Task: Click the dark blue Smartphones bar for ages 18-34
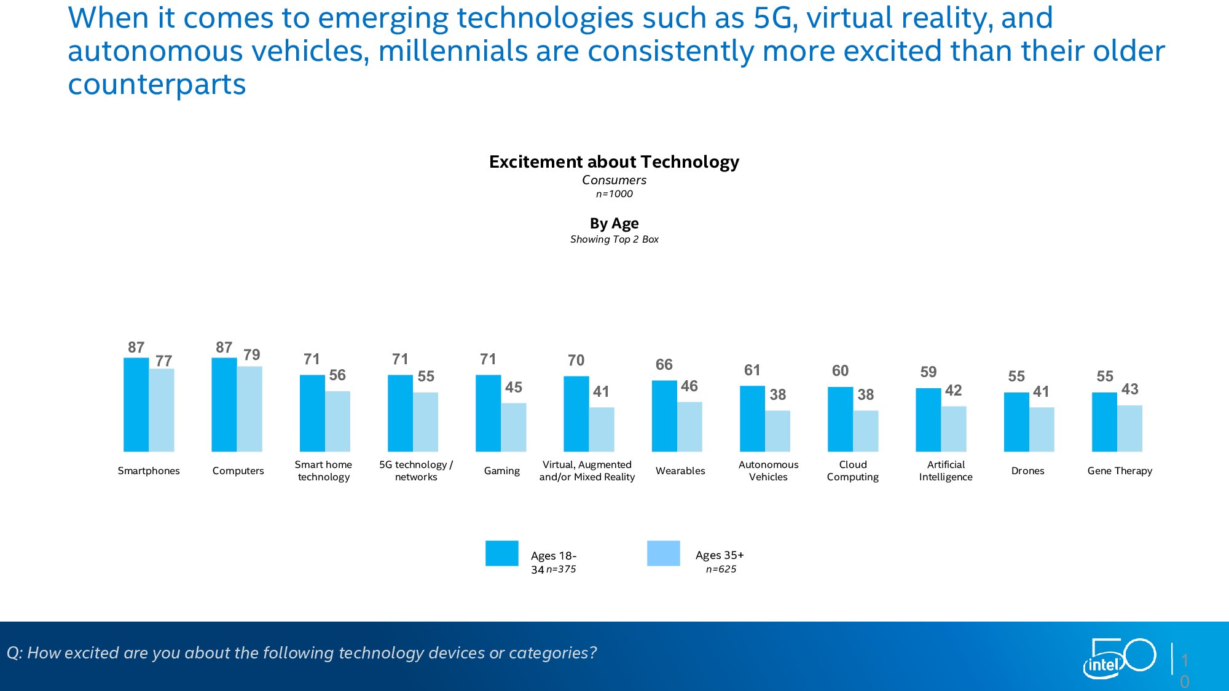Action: (x=136, y=405)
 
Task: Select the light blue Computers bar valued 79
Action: (x=249, y=409)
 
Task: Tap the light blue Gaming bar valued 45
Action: (x=514, y=427)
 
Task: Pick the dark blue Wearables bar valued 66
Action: (x=664, y=416)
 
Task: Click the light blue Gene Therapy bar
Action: (x=1129, y=429)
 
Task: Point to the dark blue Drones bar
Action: (x=1016, y=423)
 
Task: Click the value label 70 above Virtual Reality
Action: (x=576, y=361)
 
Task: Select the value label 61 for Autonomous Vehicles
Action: (x=752, y=370)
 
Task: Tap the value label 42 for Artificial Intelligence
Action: (x=953, y=391)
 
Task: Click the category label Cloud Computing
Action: (x=853, y=470)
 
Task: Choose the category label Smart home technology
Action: (x=323, y=470)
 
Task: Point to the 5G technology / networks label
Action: (x=416, y=470)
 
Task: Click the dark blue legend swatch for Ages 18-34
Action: (x=501, y=553)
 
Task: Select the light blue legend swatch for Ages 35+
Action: (x=663, y=553)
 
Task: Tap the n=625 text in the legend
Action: (x=721, y=569)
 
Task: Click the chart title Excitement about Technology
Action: (x=614, y=162)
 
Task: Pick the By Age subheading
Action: (x=614, y=223)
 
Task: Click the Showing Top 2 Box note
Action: (x=614, y=240)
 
